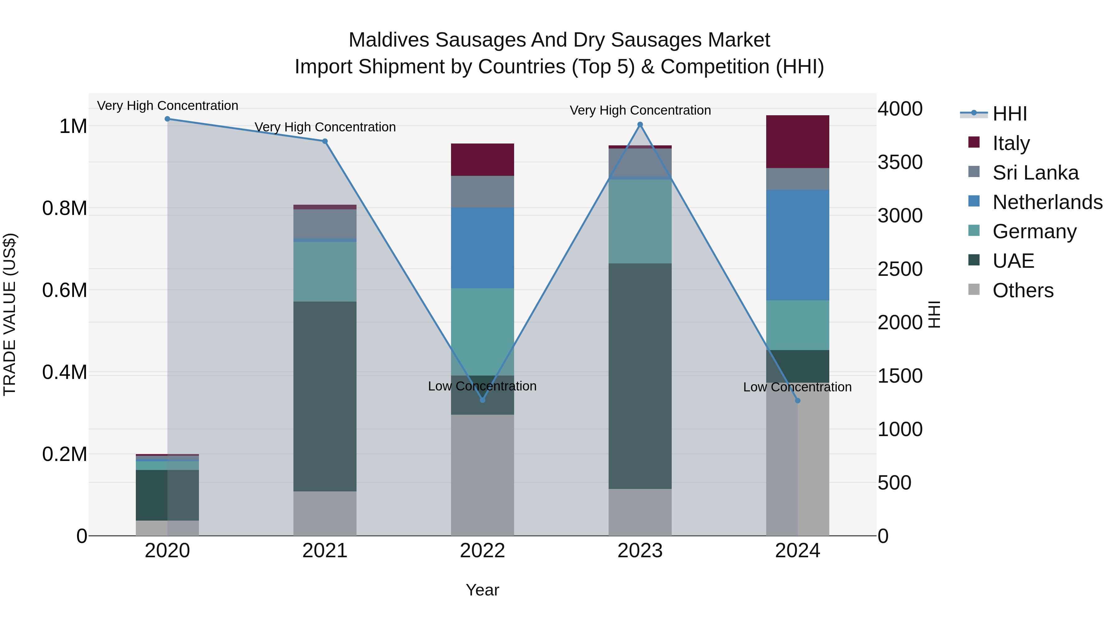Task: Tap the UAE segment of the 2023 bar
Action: pos(640,376)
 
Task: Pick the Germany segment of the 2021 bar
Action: pos(325,272)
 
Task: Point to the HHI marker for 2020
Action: pos(168,119)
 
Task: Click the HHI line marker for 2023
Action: pos(640,125)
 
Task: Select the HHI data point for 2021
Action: pos(325,141)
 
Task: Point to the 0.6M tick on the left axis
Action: pos(65,290)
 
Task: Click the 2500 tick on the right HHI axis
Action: pos(900,269)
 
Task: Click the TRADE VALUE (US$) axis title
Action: pos(10,314)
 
